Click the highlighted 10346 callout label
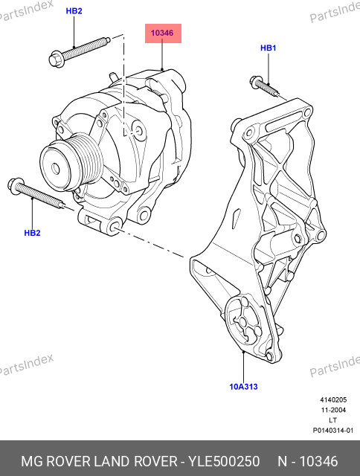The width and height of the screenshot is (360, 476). pos(163,33)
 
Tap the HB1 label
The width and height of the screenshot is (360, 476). pos(269,48)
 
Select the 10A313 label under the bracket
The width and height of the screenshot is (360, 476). pos(243,387)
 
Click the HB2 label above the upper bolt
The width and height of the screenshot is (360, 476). pos(74,11)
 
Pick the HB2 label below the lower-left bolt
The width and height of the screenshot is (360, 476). pos(32,233)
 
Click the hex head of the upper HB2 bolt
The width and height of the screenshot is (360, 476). pos(56,59)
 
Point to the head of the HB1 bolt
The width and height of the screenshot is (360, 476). pos(256,82)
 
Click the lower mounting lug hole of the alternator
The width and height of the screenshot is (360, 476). pos(115,226)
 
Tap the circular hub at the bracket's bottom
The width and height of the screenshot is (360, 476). pos(245,322)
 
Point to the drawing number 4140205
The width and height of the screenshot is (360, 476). pos(333,400)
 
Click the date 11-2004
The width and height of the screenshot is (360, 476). pos(333,410)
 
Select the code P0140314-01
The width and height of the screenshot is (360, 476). pos(333,431)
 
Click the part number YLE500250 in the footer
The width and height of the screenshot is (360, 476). pos(224,461)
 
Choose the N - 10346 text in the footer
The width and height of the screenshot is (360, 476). pos(307,461)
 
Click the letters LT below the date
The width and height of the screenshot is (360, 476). pos(333,420)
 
